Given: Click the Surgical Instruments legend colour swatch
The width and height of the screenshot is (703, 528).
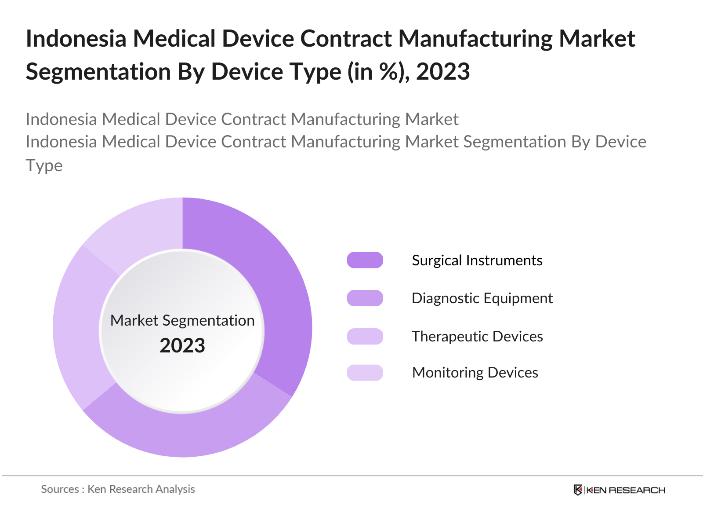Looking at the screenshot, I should point(365,260).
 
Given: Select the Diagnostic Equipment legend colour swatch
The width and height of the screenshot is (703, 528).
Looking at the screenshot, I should point(365,298).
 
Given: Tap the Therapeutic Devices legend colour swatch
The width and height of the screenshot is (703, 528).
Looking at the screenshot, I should point(365,336).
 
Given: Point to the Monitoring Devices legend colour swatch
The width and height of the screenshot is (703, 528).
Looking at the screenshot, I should point(365,373).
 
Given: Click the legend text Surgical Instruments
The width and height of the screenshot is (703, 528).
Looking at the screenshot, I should point(477,260).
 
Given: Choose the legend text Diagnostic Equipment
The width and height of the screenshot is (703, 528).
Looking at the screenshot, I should point(482,298).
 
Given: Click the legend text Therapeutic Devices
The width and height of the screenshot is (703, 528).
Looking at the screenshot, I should point(477,337).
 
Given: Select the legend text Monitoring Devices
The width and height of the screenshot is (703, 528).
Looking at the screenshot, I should point(475,373).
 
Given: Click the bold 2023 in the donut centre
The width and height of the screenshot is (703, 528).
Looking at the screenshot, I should point(182,345).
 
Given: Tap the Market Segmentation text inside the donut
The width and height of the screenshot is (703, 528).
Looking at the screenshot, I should point(182,320).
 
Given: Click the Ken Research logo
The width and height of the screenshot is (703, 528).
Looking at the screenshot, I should point(620,490).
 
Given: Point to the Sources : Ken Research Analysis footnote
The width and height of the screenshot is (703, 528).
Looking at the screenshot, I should point(118,489).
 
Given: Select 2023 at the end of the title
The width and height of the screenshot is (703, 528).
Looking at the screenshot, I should point(443,72).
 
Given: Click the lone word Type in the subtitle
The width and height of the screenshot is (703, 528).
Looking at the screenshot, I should point(44,165).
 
